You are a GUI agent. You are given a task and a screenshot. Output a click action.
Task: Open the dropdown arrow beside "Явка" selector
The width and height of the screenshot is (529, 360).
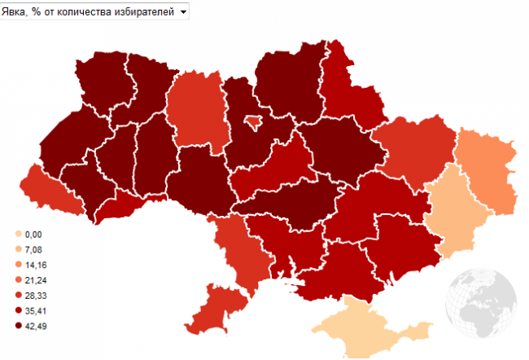(183, 12)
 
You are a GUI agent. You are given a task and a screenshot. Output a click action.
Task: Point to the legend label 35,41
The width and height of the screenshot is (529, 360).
(36, 310)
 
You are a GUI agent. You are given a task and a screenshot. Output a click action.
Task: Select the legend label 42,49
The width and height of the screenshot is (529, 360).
(36, 326)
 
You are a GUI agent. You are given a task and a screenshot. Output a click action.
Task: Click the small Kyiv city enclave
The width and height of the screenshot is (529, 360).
(254, 121)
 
